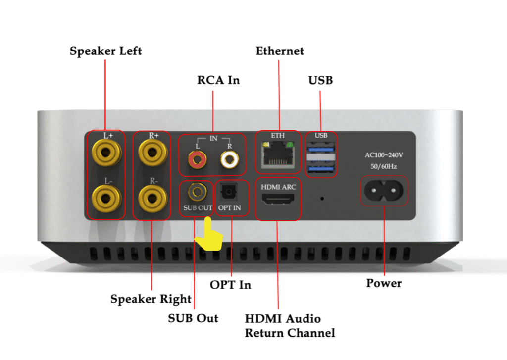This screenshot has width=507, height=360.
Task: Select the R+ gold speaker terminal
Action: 151,153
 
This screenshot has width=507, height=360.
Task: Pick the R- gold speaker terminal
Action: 151,199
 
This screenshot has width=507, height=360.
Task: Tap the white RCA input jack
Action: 230,159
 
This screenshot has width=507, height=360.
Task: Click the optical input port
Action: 229,191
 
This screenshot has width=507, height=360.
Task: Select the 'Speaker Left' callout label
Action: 105,51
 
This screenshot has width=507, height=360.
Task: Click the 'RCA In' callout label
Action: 218,80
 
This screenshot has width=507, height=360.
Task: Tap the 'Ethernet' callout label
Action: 280,51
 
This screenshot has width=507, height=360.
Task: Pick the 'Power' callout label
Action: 384,283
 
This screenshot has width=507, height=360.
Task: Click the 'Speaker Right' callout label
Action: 151,299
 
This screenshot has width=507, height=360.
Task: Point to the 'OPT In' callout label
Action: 230,285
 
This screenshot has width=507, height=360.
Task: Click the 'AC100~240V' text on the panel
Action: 384,155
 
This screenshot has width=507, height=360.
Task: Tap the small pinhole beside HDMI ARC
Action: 322,199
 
